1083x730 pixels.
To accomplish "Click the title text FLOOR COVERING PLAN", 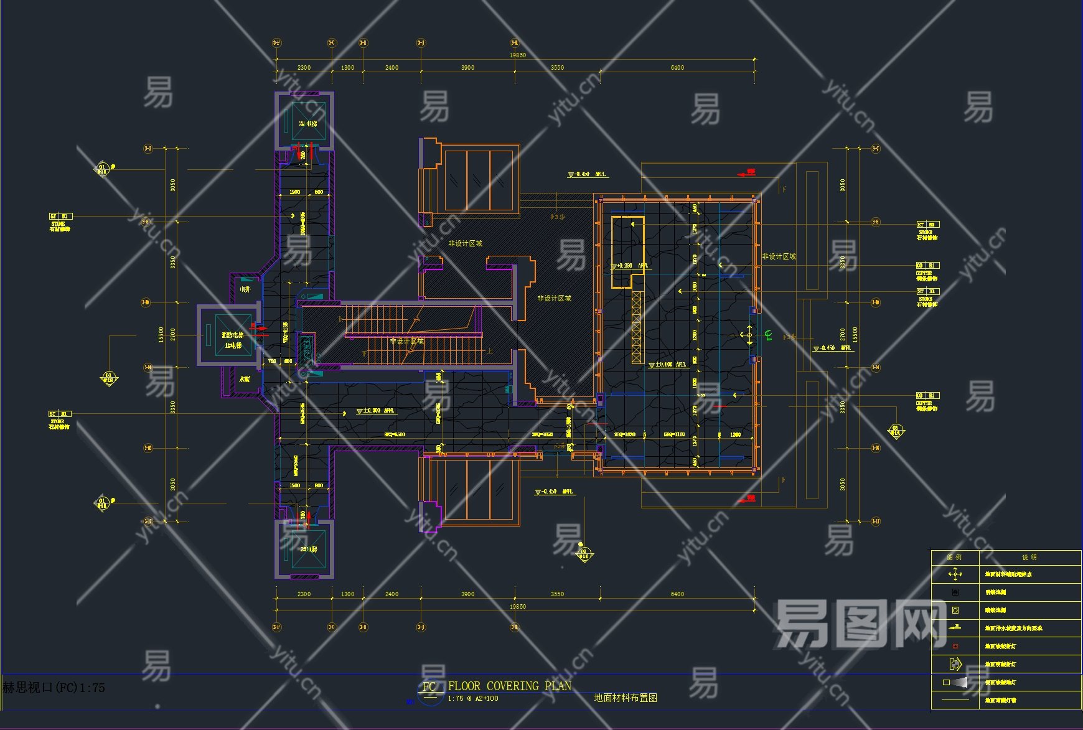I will coord(509,686).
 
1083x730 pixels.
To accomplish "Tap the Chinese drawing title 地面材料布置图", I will coord(626,698).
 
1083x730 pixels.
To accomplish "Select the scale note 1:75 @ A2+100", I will coord(473,698).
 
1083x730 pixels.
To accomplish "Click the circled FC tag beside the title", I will coord(429,687).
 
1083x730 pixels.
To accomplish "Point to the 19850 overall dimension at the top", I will coord(518,55).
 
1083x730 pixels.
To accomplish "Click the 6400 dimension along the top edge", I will coord(677,67).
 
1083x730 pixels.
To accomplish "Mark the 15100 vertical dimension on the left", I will coord(161,334).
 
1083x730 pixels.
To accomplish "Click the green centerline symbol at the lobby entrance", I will coord(768,335).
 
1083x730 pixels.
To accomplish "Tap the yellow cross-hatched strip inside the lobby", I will coord(636,327).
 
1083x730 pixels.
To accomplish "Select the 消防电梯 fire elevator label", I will coord(232,335).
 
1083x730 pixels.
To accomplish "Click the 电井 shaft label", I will coord(245,289).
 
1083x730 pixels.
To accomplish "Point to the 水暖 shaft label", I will coord(245,378).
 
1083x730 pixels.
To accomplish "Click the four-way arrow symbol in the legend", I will coord(955,574).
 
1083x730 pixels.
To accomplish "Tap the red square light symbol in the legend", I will coord(955,646).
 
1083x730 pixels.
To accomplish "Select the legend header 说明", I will coord(1029,557).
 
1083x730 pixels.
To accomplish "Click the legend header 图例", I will coord(954,557).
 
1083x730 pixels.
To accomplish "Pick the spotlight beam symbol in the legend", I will coord(957,682).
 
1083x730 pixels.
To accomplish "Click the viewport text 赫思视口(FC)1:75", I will coord(54,688).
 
